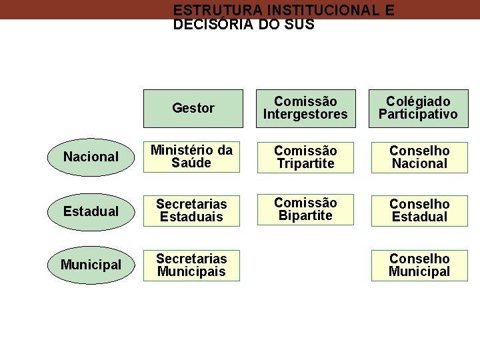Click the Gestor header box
193,108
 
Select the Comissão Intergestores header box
305,108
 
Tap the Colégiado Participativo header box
419,108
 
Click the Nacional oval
91,157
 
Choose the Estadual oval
91,211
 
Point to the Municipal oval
91,265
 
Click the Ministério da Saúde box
191,157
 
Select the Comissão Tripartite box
305,157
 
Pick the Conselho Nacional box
419,157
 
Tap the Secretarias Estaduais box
191,211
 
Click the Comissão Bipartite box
305,209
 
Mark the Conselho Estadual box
419,211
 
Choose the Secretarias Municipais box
191,265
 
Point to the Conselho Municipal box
419,265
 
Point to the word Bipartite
305,216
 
